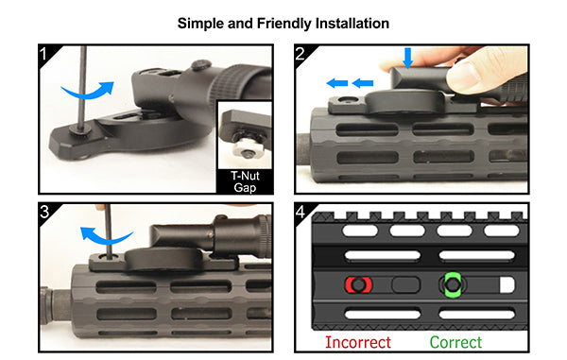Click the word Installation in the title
pos(352,24)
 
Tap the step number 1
pos(43,54)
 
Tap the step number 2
pos(300,54)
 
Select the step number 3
pos(44,212)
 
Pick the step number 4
pos(301,212)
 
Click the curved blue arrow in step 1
pos(88,91)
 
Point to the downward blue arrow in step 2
pos(408,58)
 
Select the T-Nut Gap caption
pos(245,181)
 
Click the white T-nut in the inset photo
pos(247,147)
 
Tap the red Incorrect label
pos(358,342)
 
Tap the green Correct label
pos(455,342)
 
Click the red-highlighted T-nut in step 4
pos(358,284)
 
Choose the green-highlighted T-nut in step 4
pos(452,284)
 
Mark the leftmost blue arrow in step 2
pos(337,83)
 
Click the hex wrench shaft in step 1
pos(83,88)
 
